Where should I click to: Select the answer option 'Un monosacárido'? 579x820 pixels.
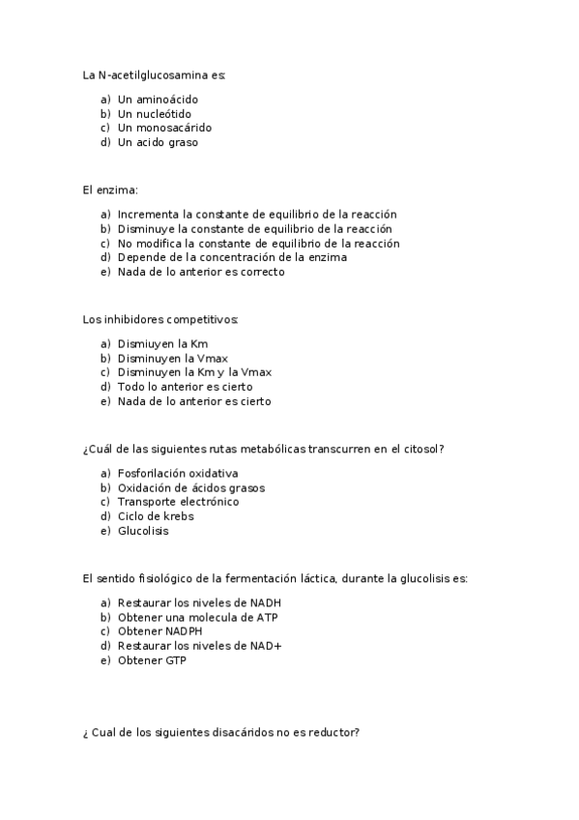pyautogui.click(x=164, y=128)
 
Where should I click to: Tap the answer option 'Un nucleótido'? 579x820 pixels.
pyautogui.click(x=154, y=114)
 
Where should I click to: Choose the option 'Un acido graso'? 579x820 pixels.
pyautogui.click(x=158, y=142)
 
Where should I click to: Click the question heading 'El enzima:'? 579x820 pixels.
pyautogui.click(x=110, y=190)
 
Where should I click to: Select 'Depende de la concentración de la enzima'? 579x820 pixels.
pyautogui.click(x=232, y=257)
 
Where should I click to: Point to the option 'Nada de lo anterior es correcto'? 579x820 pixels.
pyautogui.click(x=201, y=272)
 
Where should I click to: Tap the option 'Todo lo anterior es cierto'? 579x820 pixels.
pyautogui.click(x=185, y=387)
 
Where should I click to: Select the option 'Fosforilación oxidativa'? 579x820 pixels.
pyautogui.click(x=178, y=473)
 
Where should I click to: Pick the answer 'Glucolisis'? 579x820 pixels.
pyautogui.click(x=144, y=531)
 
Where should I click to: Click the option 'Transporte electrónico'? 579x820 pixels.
pyautogui.click(x=178, y=502)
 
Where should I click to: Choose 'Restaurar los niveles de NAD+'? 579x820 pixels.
pyautogui.click(x=199, y=646)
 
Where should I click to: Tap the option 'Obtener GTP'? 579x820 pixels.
pyautogui.click(x=152, y=660)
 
